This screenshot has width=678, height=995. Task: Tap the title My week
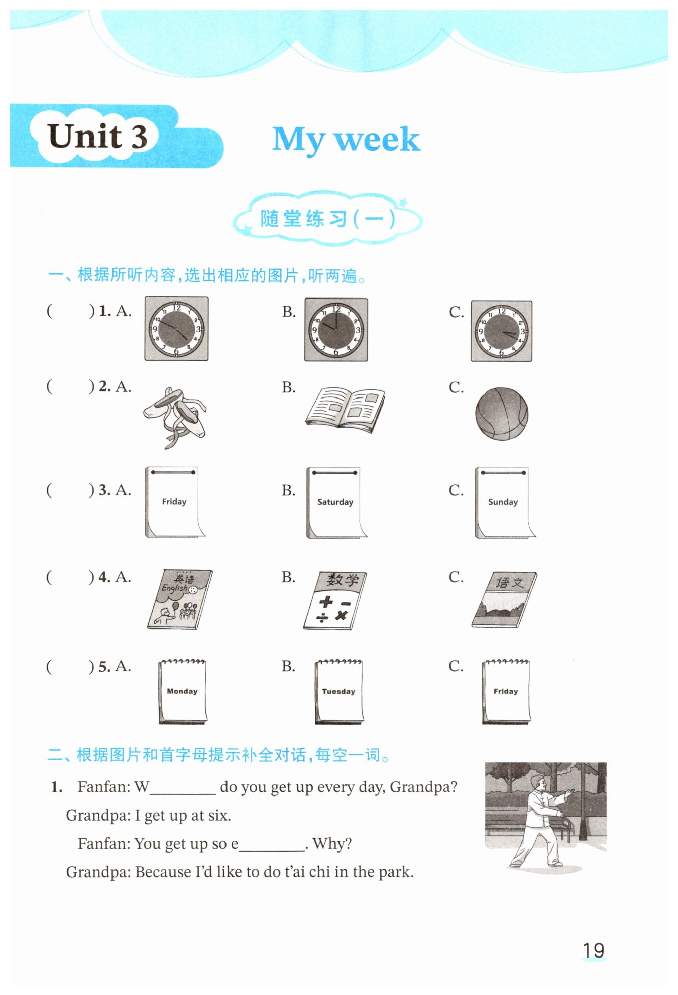point(346,139)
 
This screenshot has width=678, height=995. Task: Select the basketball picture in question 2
point(502,414)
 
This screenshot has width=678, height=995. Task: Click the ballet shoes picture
point(175,417)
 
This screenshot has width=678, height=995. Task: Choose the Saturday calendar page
point(336,503)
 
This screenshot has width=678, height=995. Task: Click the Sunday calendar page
point(505,503)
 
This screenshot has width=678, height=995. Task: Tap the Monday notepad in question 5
point(182,692)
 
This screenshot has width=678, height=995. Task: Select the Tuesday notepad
point(339,692)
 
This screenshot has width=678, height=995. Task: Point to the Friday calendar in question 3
point(175,502)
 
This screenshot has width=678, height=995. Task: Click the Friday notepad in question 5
point(506,692)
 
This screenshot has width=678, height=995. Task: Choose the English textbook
point(180,599)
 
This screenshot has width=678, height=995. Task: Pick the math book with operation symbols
point(335,601)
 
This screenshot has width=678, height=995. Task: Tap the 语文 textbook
point(504,599)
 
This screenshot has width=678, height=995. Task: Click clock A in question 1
point(176,329)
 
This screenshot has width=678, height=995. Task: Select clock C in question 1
point(501,331)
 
